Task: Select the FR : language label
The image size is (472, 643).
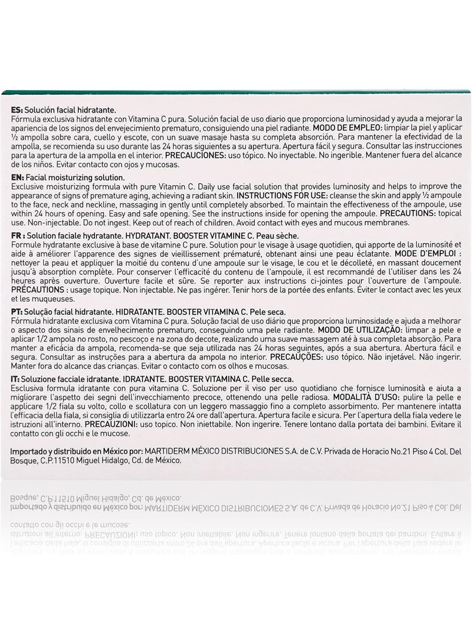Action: tap(19, 235)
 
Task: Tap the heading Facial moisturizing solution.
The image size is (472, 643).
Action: tap(75, 177)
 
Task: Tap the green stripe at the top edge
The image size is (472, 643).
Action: tap(236, 93)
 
